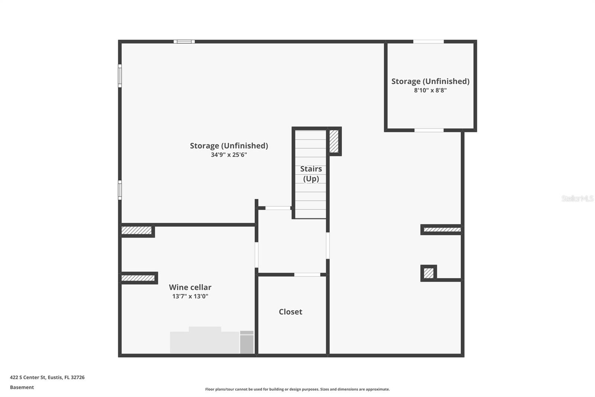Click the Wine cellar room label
(x=190, y=287)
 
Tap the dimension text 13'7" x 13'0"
(x=190, y=296)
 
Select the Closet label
(x=290, y=312)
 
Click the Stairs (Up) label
(x=311, y=174)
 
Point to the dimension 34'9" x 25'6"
(x=229, y=155)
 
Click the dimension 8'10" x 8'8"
(x=430, y=90)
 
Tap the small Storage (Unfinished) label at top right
(x=430, y=81)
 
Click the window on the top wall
(x=184, y=42)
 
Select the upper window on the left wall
(x=120, y=76)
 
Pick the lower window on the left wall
(x=120, y=190)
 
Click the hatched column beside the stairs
(x=334, y=141)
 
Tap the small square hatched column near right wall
(x=428, y=273)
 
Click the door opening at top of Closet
(x=307, y=275)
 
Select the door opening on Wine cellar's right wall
(x=257, y=255)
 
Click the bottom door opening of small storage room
(x=429, y=130)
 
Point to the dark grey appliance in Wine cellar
(x=247, y=343)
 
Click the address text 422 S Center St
(x=47, y=377)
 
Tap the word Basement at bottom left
(x=22, y=387)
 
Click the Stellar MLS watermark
(x=577, y=198)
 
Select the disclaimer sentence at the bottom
(x=297, y=389)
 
